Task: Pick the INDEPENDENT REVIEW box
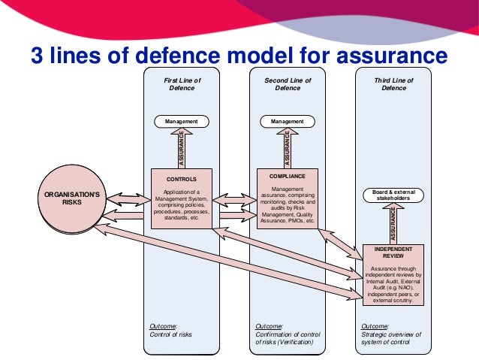[x=393, y=274]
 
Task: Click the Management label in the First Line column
[x=182, y=121]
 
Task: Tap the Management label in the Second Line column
[x=287, y=121]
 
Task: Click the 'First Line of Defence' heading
[x=182, y=83]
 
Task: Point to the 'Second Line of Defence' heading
[x=288, y=83]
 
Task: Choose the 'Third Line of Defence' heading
[x=393, y=83]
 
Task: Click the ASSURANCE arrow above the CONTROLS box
[x=182, y=147]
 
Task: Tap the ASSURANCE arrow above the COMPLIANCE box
[x=287, y=147]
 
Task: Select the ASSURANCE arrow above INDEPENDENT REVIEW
[x=393, y=224]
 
